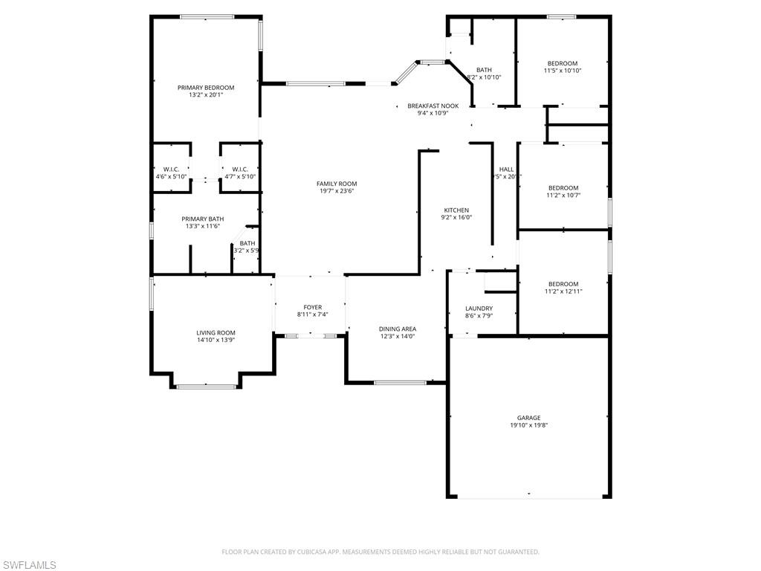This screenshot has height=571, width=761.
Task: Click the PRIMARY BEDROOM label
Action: [x=206, y=88]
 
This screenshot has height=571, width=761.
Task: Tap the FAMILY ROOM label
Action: [x=337, y=184]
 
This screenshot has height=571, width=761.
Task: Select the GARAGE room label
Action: [x=528, y=418]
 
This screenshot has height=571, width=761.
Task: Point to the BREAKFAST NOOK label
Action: [x=433, y=106]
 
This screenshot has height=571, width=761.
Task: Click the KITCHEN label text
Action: [x=456, y=210]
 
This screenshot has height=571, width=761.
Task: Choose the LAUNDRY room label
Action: [x=479, y=309]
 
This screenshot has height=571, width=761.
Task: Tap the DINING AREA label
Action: [x=398, y=329]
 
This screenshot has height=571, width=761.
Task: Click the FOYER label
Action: [x=312, y=307]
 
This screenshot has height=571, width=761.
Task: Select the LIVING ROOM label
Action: [x=216, y=332]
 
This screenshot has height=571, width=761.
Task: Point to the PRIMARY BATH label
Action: [x=203, y=219]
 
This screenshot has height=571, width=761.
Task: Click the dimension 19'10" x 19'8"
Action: [x=528, y=425]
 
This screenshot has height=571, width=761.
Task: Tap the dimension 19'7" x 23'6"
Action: [x=337, y=191]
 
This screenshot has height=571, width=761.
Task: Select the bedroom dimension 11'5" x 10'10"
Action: [x=563, y=71]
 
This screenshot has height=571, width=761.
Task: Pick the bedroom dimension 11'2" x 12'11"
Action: [x=563, y=291]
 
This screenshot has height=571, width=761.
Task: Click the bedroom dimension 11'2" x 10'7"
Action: [x=563, y=196]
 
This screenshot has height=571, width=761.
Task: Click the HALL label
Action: [x=506, y=170]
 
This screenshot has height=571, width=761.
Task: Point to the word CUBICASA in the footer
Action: [x=308, y=552]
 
